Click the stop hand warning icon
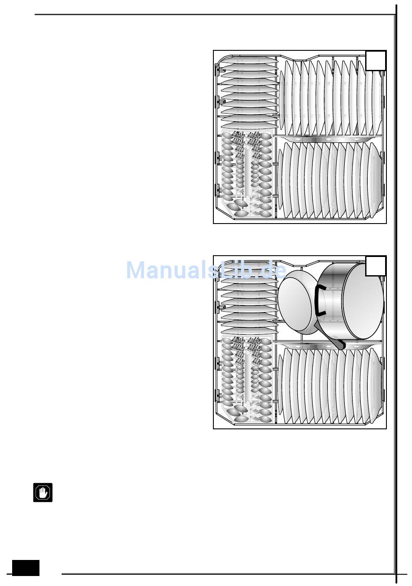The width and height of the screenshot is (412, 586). pyautogui.click(x=43, y=492)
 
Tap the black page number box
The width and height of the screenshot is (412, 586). pyautogui.click(x=26, y=568)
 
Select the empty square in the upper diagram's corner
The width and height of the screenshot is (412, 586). pyautogui.click(x=376, y=60)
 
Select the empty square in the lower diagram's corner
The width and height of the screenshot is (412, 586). pyautogui.click(x=376, y=266)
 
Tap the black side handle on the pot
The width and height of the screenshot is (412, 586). pyautogui.click(x=320, y=300)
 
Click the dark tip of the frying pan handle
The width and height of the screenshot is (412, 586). pyautogui.click(x=340, y=344)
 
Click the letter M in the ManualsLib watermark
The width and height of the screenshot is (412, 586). pyautogui.click(x=136, y=270)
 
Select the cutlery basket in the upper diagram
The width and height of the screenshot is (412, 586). pyautogui.click(x=247, y=174)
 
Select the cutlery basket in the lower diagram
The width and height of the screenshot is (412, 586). pyautogui.click(x=247, y=379)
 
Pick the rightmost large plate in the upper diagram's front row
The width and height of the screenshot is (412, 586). pyautogui.click(x=376, y=180)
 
